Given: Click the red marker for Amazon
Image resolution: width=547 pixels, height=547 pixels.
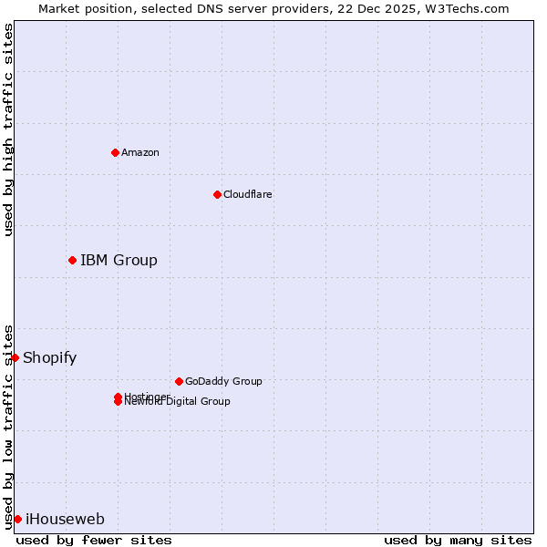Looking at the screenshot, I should [115, 152].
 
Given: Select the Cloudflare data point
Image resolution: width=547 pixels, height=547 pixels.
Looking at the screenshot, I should [217, 194].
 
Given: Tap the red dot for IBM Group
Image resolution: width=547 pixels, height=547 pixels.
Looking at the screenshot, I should [72, 261].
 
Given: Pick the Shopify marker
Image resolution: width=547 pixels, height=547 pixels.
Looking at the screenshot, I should [15, 357].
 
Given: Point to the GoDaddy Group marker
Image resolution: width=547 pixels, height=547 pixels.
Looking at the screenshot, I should [179, 381].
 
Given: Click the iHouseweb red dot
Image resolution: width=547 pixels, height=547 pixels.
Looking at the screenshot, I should [17, 520].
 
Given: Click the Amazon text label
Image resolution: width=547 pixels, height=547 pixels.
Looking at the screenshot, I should [140, 152].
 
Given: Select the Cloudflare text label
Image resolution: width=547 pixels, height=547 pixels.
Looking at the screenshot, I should [248, 194].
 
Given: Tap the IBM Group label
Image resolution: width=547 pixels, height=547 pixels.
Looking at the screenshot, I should [119, 261].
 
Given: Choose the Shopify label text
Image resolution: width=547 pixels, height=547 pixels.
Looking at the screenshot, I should [50, 357].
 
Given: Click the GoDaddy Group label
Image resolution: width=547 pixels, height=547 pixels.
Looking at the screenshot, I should [223, 381].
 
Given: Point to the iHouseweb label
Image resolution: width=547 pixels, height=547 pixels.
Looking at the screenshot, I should [65, 520].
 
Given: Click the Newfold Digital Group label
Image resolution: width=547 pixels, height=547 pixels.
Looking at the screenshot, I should [178, 402].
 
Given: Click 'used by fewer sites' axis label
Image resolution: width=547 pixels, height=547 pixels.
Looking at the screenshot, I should [94, 541].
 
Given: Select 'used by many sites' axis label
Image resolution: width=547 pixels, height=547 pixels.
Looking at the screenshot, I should [458, 541].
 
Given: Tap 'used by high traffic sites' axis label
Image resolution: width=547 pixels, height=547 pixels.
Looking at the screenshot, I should [8, 129].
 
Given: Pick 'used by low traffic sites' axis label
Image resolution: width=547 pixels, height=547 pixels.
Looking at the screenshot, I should [8, 426].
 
